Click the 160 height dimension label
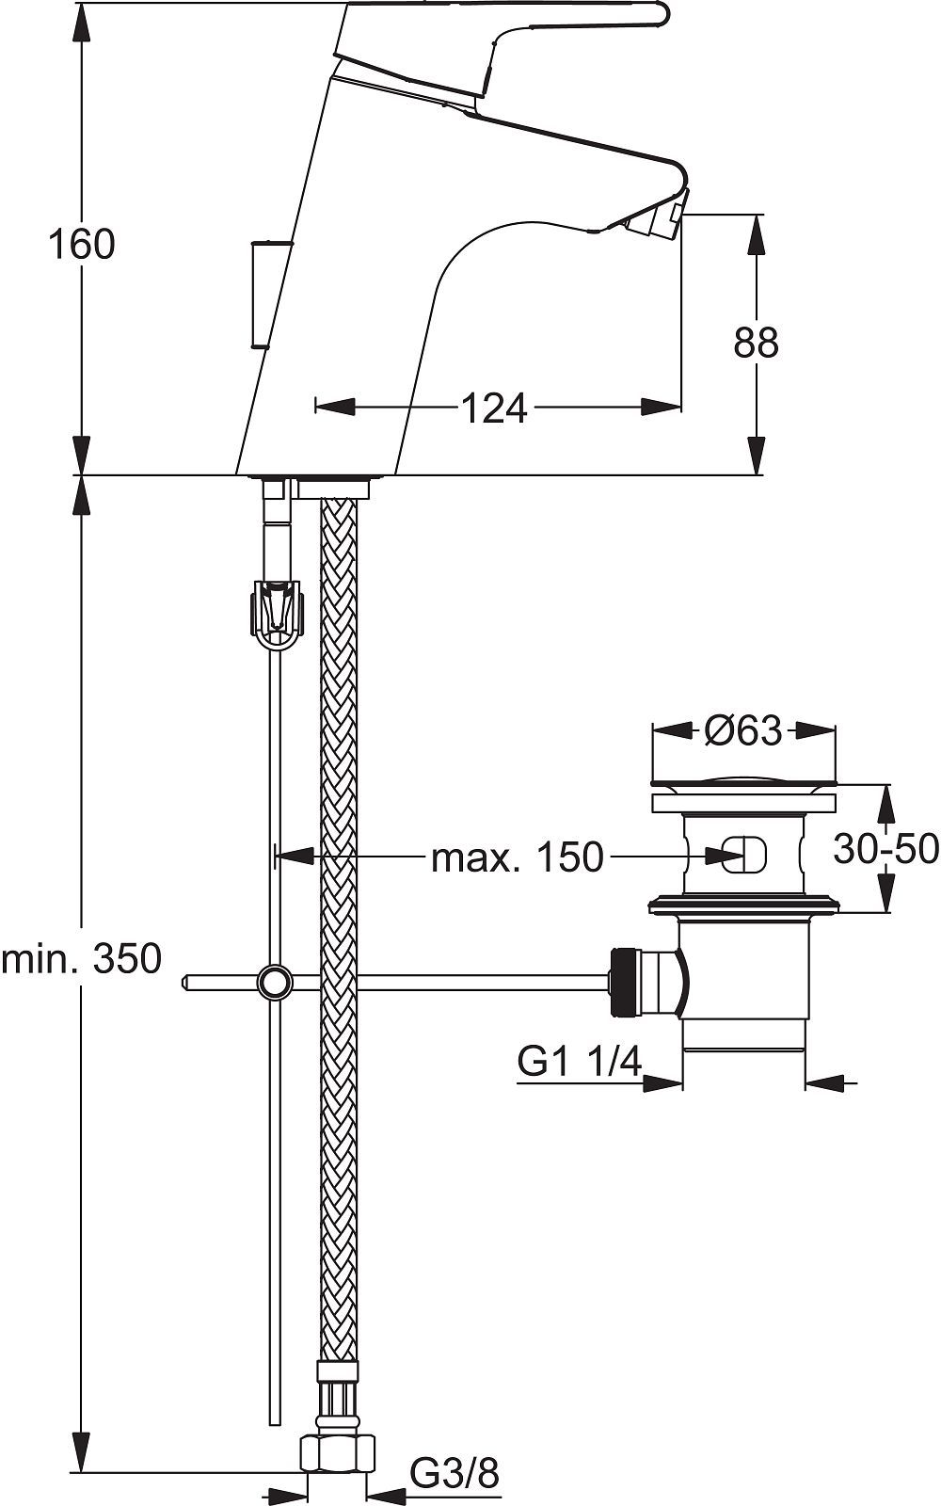[x=81, y=245]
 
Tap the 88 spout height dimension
[x=757, y=343]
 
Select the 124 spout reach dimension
[x=494, y=408]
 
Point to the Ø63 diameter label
[x=744, y=729]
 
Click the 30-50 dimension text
[x=885, y=849]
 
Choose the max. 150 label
[x=518, y=857]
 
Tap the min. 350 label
[x=82, y=958]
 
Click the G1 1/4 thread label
[x=580, y=1063]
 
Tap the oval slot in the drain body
[x=744, y=857]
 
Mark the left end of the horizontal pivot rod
[x=183, y=983]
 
